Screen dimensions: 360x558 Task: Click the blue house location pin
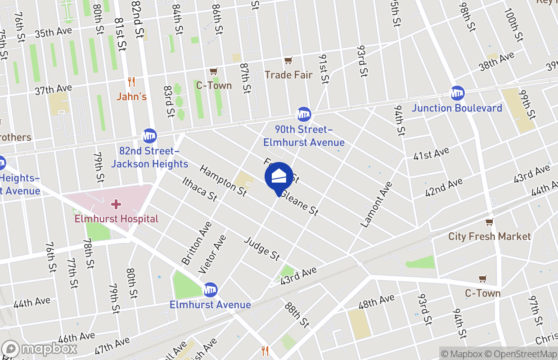tap(279, 177)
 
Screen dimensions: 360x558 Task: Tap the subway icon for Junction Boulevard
tap(458, 94)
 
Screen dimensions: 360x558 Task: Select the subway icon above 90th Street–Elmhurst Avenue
tap(304, 114)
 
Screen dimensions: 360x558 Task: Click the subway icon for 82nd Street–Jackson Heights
tap(149, 135)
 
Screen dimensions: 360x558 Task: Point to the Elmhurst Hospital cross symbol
tap(116, 205)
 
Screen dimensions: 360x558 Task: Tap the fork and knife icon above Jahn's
tap(131, 82)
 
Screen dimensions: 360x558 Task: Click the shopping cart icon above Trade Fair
tap(288, 61)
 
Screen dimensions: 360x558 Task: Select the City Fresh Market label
tap(489, 236)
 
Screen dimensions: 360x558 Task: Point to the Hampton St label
tap(223, 180)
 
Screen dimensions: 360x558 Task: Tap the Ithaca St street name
tap(200, 189)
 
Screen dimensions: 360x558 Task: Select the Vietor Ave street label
tap(212, 254)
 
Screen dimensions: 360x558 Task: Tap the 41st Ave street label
tap(431, 154)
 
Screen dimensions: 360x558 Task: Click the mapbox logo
tap(39, 349)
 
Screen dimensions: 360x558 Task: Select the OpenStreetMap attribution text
tap(523, 354)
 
